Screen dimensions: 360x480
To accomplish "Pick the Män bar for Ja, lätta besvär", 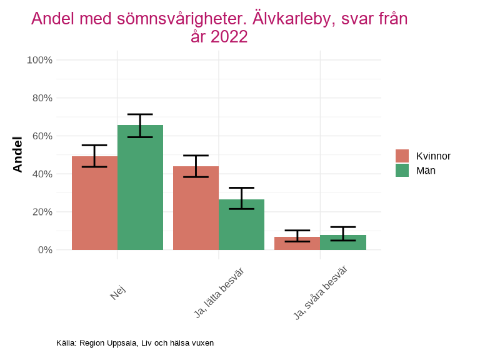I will tap(241, 225).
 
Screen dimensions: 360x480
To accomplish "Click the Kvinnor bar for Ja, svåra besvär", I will tap(297, 244).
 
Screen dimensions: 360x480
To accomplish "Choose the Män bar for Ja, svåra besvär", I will tap(343, 242).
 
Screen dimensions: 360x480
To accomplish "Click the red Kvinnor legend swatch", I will tap(402, 156).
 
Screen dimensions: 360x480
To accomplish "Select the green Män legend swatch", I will tap(402, 170).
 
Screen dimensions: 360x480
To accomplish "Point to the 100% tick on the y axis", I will tap(39, 60).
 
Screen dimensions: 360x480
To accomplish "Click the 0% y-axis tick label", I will tap(44, 250).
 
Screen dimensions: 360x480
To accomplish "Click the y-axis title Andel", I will tap(17, 154).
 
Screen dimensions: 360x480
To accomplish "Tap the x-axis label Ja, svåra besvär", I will tap(320, 292).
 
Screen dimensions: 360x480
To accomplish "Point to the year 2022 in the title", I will tap(229, 37).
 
